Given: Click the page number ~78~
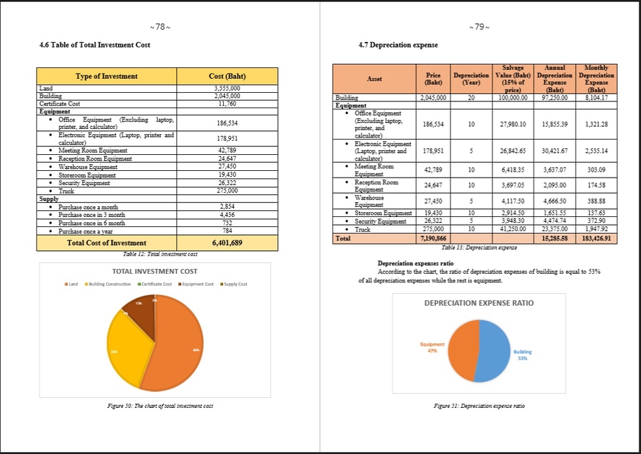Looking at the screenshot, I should click(160, 27).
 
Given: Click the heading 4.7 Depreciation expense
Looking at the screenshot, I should click(399, 45).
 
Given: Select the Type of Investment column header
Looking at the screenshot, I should click(107, 76).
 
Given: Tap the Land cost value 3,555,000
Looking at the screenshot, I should click(226, 88).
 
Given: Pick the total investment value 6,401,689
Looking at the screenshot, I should click(226, 243).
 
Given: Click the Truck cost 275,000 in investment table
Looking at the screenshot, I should click(226, 190).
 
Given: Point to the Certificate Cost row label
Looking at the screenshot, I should click(60, 103).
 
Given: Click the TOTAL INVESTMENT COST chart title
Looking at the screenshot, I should click(154, 272).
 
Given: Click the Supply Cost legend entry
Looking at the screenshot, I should click(233, 284).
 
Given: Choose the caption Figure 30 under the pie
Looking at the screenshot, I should click(155, 406).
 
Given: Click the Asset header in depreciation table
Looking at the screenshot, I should click(374, 79).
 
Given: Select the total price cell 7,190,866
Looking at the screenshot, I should click(434, 238).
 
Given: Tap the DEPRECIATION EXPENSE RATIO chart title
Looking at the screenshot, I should click(479, 302).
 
